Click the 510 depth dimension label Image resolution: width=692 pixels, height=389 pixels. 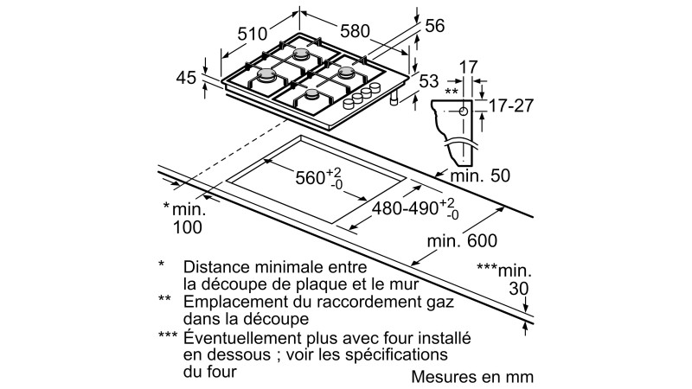coord(253,34)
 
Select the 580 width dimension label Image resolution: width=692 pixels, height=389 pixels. coord(355,31)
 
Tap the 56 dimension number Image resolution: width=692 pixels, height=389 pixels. coord(435,26)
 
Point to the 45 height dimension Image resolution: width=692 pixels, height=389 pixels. coord(186,78)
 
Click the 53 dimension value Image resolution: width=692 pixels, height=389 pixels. coord(429,81)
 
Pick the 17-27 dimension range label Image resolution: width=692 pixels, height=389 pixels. coord(511,105)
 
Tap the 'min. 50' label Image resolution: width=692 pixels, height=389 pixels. coord(480,175)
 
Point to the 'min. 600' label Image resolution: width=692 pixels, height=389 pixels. coord(462,241)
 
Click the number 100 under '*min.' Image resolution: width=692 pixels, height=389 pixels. coord(187,227)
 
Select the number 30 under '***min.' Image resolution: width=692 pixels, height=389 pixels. coord(518,289)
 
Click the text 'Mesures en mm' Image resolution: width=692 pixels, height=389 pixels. coord(472,377)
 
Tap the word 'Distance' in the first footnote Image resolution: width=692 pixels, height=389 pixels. coord(211,267)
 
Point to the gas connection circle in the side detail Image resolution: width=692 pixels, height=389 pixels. coord(464,112)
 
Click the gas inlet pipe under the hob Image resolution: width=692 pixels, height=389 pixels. coord(394,99)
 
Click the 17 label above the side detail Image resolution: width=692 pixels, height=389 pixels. coord(468,67)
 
